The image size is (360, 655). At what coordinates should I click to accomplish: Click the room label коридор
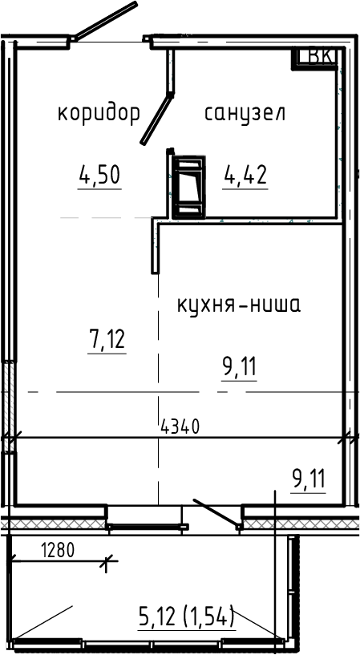[99, 113]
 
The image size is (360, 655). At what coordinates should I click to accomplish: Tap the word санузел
[245, 113]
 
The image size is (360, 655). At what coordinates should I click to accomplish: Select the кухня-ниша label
[238, 305]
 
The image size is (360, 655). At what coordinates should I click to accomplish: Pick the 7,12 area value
[107, 339]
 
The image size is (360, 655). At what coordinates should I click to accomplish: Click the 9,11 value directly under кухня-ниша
[239, 367]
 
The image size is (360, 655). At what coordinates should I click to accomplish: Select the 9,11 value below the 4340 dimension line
[309, 480]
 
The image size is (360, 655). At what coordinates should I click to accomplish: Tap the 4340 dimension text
[180, 427]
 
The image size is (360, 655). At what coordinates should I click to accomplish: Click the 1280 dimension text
[55, 551]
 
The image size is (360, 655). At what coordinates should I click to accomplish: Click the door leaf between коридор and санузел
[157, 115]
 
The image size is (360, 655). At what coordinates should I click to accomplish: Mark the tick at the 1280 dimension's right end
[104, 563]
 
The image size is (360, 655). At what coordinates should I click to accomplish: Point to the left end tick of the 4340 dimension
[9, 438]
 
